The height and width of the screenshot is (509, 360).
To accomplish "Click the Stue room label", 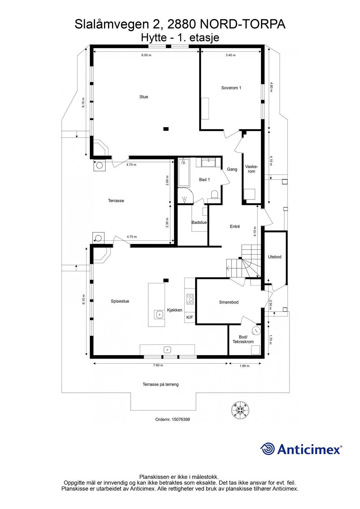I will point(143,97).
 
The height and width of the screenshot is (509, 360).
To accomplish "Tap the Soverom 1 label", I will point(231,88).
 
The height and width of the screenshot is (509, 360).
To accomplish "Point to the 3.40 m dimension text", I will point(230,55).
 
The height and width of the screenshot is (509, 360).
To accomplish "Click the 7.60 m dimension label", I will point(158,365).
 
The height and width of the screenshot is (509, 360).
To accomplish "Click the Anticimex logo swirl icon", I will point(267,449).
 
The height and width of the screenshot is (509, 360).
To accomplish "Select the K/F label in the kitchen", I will point(189,317).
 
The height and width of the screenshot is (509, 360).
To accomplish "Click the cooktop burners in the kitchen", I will point(190,299).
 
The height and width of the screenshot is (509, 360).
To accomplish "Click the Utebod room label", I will point(275,257).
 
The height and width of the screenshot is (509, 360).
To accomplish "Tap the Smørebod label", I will point(228,302).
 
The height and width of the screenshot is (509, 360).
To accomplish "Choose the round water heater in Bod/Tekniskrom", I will point(256,330).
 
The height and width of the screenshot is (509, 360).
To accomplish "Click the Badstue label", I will point(199,223).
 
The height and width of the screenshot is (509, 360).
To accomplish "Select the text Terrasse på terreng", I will point(160,384).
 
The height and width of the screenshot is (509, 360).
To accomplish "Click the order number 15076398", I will point(180,419).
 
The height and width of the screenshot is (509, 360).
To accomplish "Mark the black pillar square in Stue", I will point(166,129).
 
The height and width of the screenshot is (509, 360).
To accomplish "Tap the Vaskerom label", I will point(251,169).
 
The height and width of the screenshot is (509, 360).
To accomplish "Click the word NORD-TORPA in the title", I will point(242,25).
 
